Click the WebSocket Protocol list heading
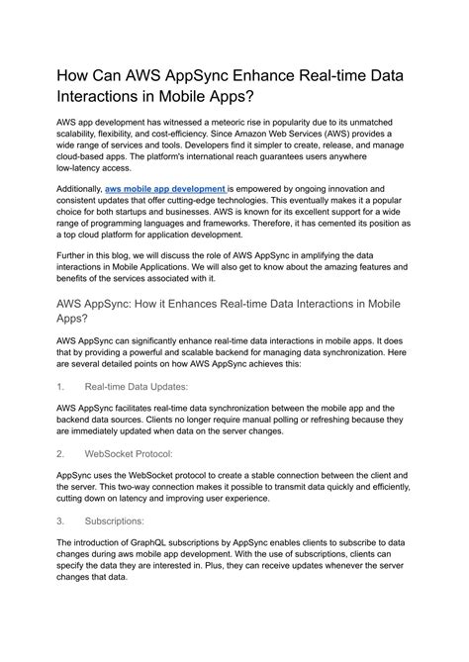pos(129,453)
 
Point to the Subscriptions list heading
pos(116,520)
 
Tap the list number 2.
pos(60,453)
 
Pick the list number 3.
pos(60,520)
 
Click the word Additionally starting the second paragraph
pos(78,188)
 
